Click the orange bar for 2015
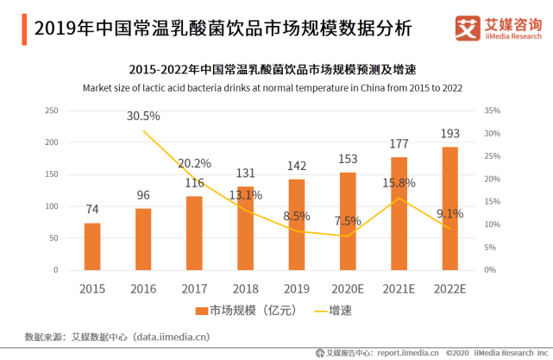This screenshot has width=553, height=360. (x=92, y=246)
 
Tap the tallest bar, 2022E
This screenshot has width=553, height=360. (x=450, y=208)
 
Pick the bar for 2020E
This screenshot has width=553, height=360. (x=348, y=221)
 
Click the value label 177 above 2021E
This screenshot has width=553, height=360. (x=399, y=143)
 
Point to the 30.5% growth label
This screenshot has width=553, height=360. (x=143, y=116)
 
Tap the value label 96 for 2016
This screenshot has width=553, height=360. (x=143, y=195)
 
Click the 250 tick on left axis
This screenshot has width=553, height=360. (x=51, y=111)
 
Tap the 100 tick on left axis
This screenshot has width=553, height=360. (x=51, y=206)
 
